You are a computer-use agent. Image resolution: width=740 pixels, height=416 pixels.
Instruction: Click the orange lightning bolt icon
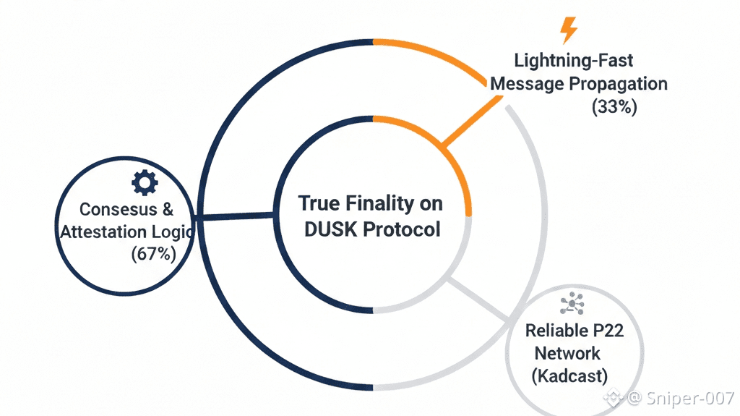(x=569, y=30)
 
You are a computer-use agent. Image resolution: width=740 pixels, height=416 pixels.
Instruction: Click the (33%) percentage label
(x=614, y=107)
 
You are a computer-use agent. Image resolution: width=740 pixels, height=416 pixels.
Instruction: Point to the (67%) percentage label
(x=153, y=254)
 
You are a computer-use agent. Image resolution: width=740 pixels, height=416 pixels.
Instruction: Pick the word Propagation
(x=619, y=83)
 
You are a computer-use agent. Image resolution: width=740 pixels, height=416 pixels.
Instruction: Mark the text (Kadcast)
(x=569, y=376)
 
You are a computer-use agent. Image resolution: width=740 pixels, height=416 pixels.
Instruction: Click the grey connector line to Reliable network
(x=480, y=297)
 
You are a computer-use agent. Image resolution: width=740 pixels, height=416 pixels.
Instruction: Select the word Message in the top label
(x=527, y=83)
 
